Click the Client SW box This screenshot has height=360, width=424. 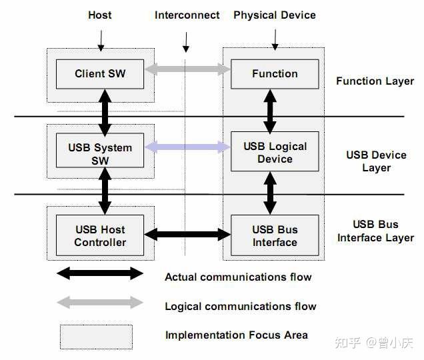[100, 74]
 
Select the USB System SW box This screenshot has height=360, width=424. [100, 154]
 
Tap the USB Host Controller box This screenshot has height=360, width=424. [100, 235]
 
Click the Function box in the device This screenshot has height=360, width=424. [275, 74]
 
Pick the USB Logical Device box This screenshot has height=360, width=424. [275, 153]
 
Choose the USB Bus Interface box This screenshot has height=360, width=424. [275, 235]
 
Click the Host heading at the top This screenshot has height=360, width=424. [100, 15]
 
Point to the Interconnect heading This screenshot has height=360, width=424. [187, 15]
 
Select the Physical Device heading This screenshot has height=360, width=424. [275, 15]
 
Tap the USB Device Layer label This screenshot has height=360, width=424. [376, 161]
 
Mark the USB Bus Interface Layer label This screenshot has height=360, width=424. [376, 231]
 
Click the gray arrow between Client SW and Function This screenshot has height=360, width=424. [187, 69]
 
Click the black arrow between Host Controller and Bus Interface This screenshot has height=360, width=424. [187, 234]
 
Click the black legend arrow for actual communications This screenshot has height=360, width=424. [100, 273]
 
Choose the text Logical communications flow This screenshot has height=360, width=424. [240, 307]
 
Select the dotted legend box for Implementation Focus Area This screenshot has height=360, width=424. [96, 337]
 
